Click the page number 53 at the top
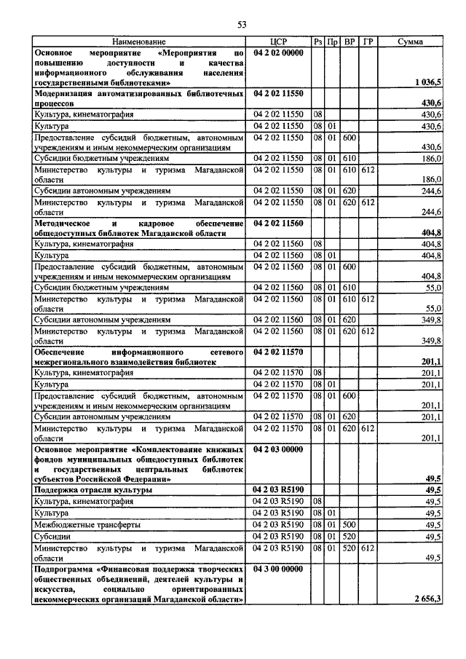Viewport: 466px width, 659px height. coord(242,25)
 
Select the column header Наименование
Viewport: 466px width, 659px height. coord(138,43)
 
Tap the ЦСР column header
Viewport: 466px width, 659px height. coord(280,43)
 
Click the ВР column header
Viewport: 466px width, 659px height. coord(349,43)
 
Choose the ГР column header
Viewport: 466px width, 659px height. coord(368,43)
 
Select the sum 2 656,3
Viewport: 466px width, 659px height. coord(426,599)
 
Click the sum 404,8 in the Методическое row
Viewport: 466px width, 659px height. coord(431,233)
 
